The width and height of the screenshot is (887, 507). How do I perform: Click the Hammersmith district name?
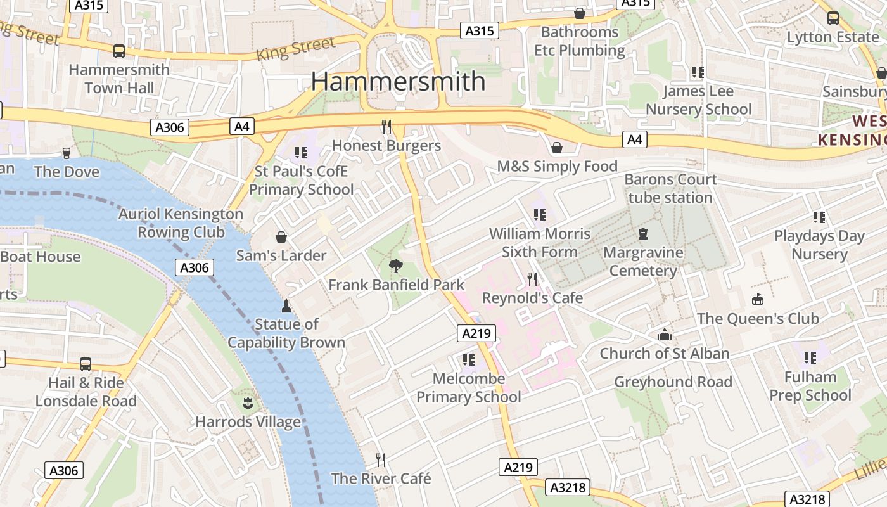click(x=398, y=82)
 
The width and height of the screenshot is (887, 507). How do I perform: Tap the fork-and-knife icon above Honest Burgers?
click(x=386, y=126)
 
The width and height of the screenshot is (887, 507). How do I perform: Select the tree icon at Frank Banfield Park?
click(x=397, y=266)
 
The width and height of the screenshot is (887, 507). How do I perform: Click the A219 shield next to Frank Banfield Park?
click(x=476, y=333)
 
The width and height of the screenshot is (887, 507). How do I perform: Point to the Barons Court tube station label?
click(x=670, y=188)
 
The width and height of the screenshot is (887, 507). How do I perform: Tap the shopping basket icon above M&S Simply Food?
click(x=557, y=148)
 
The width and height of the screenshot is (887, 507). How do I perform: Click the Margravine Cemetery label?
click(x=643, y=262)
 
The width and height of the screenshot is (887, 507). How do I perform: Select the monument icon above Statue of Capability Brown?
click(x=286, y=306)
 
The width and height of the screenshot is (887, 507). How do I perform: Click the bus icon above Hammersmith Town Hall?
click(x=118, y=51)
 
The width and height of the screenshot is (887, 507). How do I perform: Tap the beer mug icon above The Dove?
click(x=66, y=153)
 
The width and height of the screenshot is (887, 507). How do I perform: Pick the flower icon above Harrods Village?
click(x=248, y=402)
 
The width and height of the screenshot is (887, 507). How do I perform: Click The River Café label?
click(x=381, y=478)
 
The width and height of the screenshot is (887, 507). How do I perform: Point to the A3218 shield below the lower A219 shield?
click(x=568, y=487)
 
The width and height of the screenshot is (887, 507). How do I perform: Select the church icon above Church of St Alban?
click(x=664, y=335)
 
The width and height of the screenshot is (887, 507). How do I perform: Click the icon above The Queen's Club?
click(x=758, y=300)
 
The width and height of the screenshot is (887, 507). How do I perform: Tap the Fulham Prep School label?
click(x=810, y=386)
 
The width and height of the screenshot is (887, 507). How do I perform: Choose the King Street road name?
click(x=295, y=49)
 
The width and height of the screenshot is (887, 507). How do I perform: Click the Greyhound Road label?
click(x=673, y=382)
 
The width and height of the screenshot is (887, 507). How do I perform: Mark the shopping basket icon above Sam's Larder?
click(x=281, y=237)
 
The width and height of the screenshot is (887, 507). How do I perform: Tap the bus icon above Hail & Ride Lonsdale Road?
click(x=86, y=364)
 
